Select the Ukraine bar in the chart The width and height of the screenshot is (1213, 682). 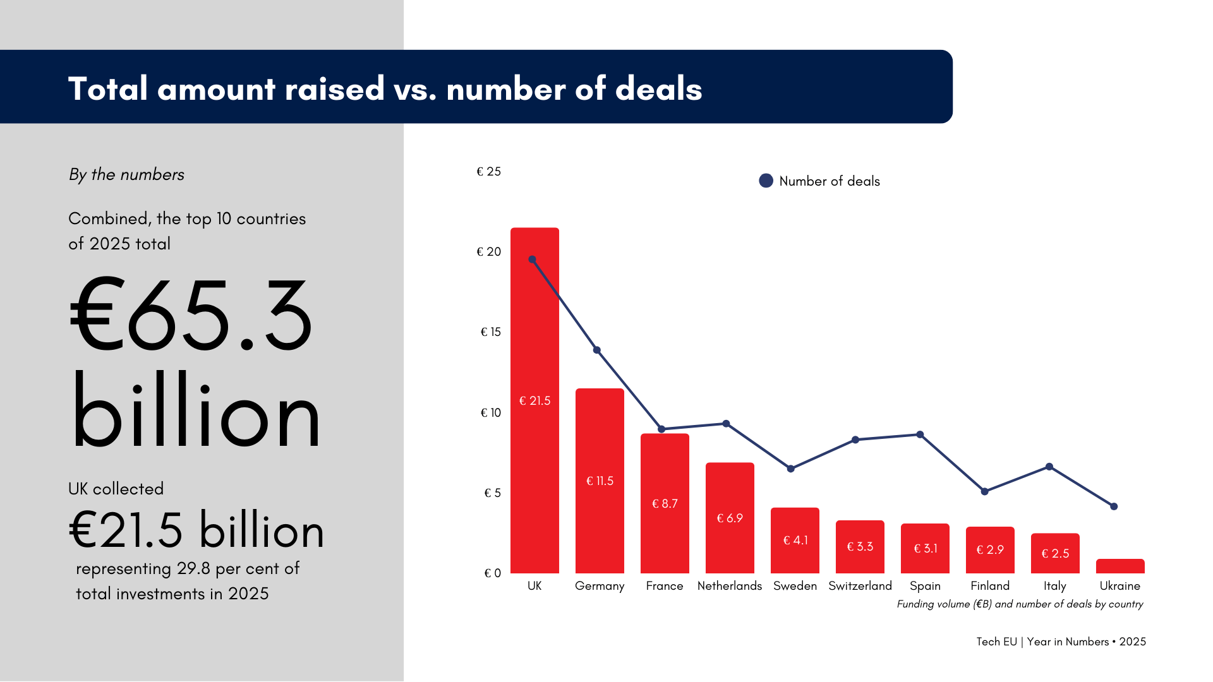click(x=1119, y=566)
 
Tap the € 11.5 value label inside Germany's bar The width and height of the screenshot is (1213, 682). click(x=600, y=481)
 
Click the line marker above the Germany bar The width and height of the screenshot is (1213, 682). click(x=597, y=350)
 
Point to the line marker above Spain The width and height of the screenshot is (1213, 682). click(x=920, y=434)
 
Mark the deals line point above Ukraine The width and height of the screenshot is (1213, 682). click(x=1114, y=506)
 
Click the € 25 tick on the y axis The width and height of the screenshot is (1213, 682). click(x=488, y=172)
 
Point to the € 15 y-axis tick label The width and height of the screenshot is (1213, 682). click(x=490, y=332)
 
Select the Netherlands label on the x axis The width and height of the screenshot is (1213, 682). click(x=729, y=586)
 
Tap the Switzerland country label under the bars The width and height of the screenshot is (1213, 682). click(x=860, y=586)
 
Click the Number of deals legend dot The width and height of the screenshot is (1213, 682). click(x=766, y=181)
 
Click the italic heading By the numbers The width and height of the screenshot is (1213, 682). click(x=126, y=175)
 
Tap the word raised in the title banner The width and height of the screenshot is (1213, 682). click(x=334, y=88)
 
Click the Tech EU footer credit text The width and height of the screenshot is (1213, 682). click(x=1061, y=642)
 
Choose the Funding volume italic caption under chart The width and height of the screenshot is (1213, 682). click(x=1020, y=604)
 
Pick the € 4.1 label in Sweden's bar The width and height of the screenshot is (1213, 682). click(x=795, y=541)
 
